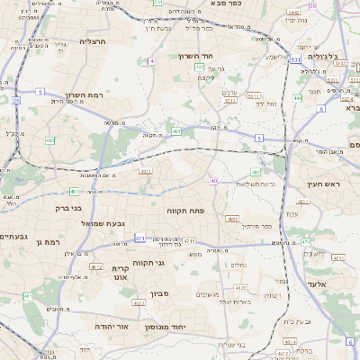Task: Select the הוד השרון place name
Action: (x=194, y=57)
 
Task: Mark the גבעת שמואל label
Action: (x=100, y=222)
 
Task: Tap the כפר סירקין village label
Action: (x=256, y=226)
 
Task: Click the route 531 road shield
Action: (x=295, y=59)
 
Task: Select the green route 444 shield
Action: (x=297, y=97)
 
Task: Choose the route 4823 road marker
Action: (x=232, y=218)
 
